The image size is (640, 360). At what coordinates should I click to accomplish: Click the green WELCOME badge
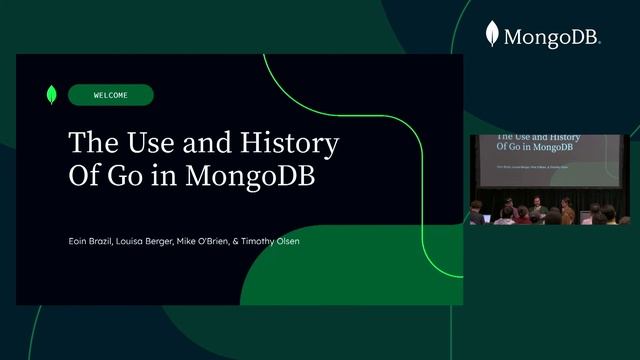coord(111,95)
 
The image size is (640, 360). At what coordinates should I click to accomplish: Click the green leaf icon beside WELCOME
coord(51,95)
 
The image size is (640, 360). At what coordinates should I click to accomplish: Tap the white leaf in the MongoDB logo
coord(492,35)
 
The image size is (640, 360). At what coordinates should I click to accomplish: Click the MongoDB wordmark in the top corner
coord(551,38)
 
